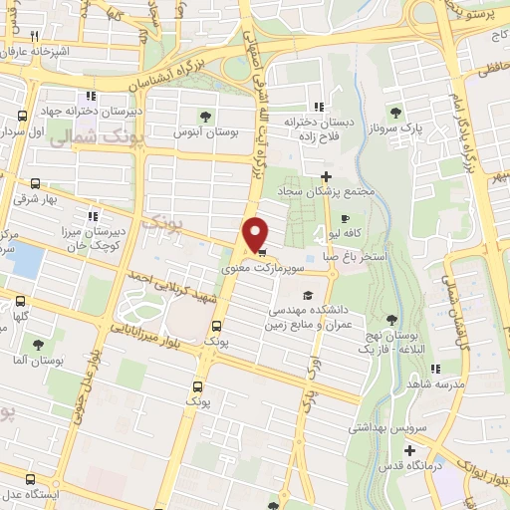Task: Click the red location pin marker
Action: [x=256, y=234]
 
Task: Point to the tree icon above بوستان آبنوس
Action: [x=206, y=116]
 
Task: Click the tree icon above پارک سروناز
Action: [x=396, y=113]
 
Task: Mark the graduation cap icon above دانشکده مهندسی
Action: [x=308, y=295]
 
